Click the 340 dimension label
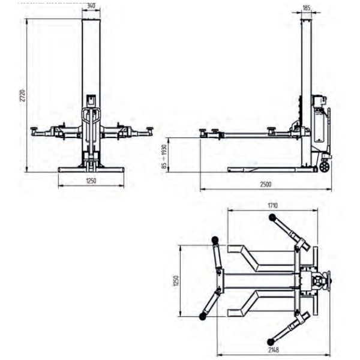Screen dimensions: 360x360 [91, 6]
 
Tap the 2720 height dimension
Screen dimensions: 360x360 [23, 95]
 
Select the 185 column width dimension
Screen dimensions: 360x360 [307, 8]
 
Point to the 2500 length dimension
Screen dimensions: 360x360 [266, 184]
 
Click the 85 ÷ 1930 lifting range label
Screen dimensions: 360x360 [164, 157]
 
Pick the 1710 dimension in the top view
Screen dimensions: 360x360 [272, 205]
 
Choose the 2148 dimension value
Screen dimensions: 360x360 [274, 350]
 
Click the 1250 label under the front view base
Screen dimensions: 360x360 [91, 181]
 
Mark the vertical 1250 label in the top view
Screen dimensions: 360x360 [176, 281]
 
